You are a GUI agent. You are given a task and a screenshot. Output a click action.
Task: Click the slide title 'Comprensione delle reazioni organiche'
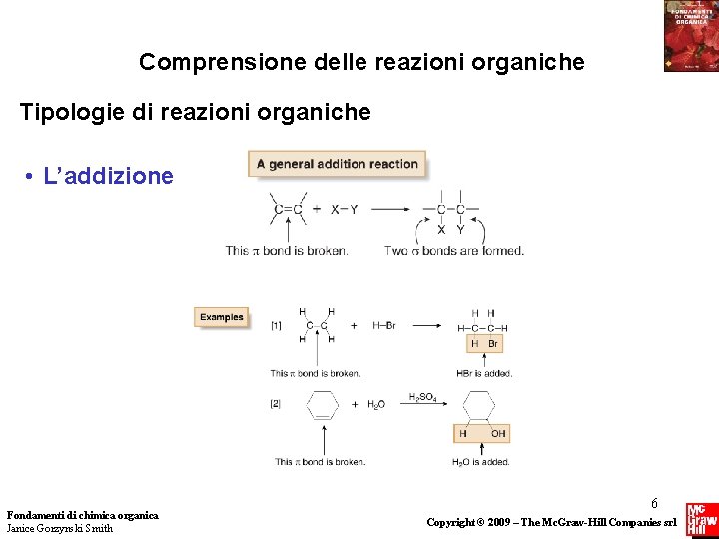pos(361,62)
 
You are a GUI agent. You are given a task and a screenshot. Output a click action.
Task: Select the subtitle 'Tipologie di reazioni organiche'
pos(196,111)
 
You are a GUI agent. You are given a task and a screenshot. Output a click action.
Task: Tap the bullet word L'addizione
pos(109,177)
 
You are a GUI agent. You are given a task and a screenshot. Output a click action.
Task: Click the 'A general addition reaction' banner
pos(338,164)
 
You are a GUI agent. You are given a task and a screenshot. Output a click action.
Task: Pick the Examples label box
pos(221,317)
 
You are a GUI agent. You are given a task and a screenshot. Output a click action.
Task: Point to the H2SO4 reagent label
pos(422,397)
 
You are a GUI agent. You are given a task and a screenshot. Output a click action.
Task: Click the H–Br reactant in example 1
pos(384,325)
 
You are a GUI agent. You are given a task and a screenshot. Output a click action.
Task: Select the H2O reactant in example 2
pos(375,405)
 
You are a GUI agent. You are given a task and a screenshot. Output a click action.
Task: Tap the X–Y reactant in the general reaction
pos(344,209)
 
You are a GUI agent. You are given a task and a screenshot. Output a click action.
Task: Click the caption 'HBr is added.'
pos(483,374)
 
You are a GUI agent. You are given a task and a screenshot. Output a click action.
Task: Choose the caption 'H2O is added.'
pos(481,462)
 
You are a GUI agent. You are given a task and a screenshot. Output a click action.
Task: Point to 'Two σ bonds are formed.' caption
pos(454,250)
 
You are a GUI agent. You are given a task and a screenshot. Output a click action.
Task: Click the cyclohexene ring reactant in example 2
pos(322,405)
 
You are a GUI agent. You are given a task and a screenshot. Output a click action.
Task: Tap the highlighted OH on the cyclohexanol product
pos(497,433)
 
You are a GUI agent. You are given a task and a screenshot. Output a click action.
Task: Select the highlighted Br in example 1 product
pos(493,344)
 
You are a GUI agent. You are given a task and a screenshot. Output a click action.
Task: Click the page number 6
pos(654,504)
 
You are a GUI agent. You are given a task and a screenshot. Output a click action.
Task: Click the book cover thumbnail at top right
pos(690,36)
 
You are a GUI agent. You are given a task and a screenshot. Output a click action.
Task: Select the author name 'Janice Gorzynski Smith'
pos(60,528)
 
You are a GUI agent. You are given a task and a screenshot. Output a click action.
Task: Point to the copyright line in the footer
pos(551,522)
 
